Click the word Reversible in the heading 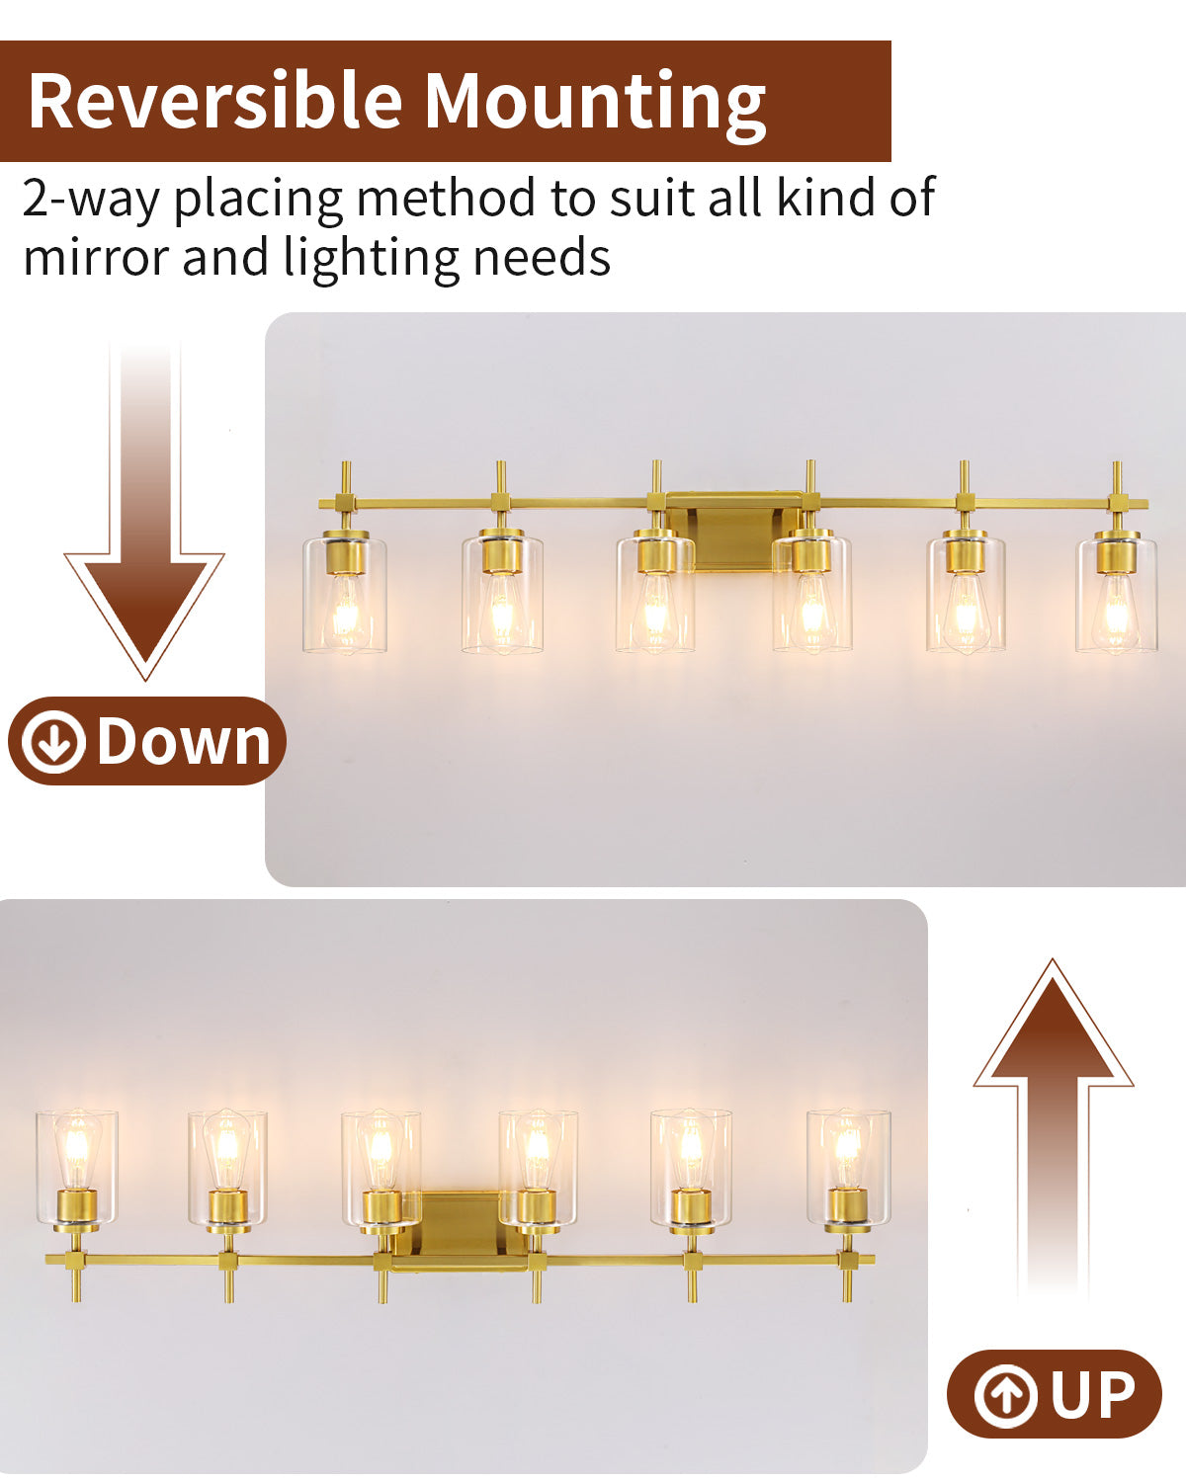pyautogui.click(x=215, y=100)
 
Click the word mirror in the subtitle pyautogui.click(x=97, y=258)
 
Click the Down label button pyautogui.click(x=147, y=740)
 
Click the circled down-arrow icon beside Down pyautogui.click(x=53, y=742)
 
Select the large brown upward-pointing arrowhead pyautogui.click(x=1053, y=1029)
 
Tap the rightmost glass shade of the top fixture pyautogui.click(x=1117, y=595)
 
